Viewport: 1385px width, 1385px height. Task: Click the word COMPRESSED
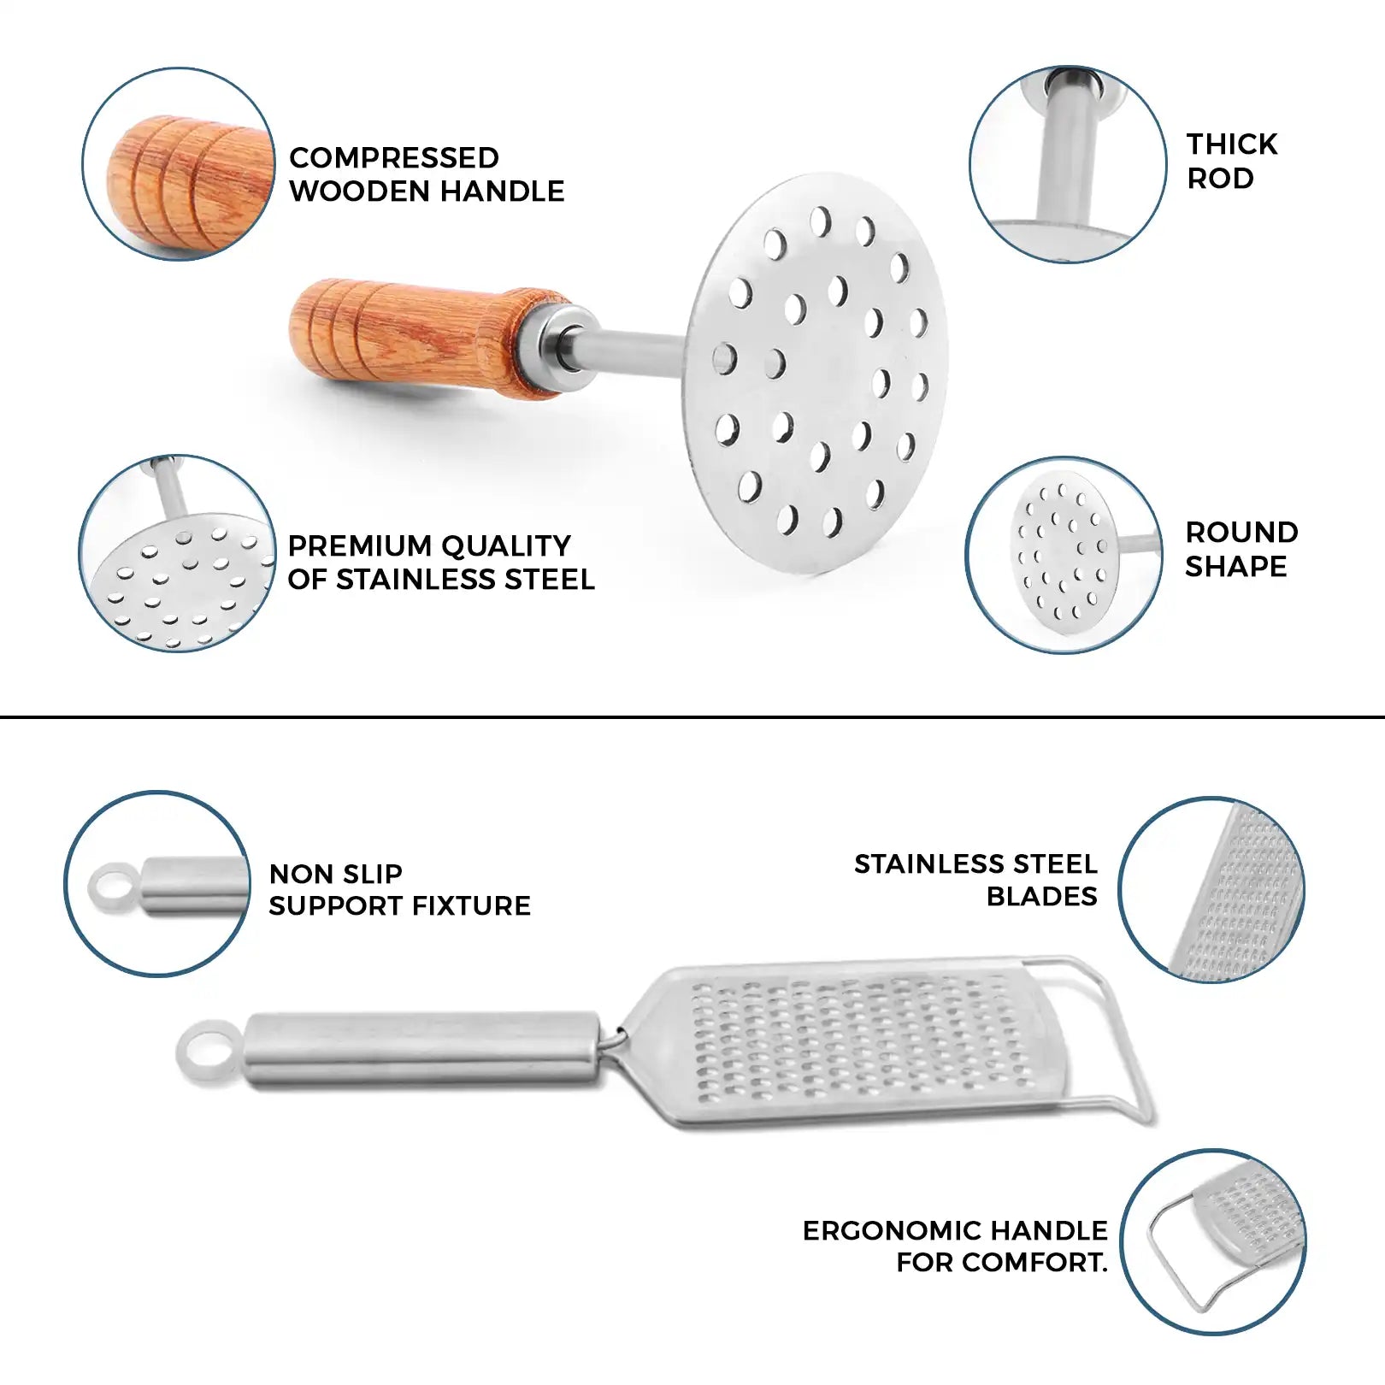point(394,158)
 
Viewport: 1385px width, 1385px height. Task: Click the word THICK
point(1232,144)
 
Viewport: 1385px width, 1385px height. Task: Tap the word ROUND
point(1241,533)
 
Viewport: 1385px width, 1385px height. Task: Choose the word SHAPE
point(1235,566)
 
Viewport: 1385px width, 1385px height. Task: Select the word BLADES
point(1041,896)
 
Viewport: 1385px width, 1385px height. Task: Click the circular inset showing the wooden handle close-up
point(179,164)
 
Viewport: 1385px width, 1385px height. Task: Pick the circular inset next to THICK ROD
point(1068,164)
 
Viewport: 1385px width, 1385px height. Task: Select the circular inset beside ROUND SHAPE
point(1064,555)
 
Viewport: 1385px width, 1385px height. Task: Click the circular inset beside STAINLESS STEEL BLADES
point(1211,889)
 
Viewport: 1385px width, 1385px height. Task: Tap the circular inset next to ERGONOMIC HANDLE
point(1213,1242)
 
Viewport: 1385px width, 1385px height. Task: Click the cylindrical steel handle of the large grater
point(422,1051)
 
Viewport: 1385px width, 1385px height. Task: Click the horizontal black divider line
point(692,716)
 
